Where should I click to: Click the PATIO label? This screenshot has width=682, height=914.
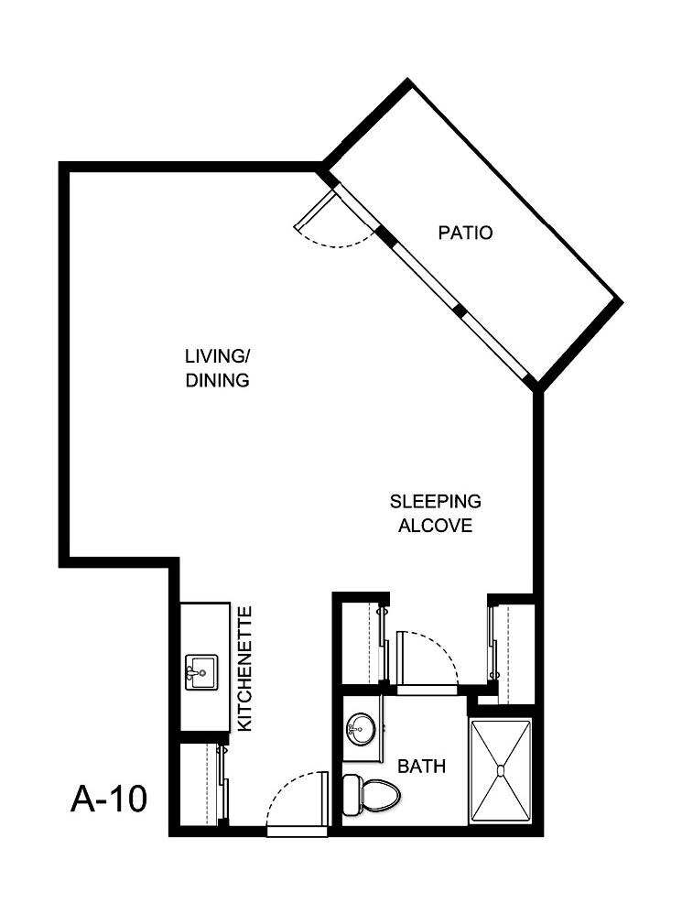[x=465, y=233]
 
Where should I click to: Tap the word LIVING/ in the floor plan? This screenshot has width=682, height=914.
[x=217, y=356]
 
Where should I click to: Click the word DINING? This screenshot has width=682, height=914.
[x=217, y=380]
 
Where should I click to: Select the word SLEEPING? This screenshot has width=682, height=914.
[x=435, y=502]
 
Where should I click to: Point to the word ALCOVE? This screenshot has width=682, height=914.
[x=435, y=526]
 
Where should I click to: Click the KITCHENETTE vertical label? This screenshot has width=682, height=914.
[x=244, y=668]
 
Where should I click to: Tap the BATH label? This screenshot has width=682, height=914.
[x=421, y=766]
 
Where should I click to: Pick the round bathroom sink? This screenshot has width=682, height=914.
[x=361, y=730]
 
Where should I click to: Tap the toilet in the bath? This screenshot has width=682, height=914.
[x=371, y=793]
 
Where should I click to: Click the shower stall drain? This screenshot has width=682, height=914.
[x=500, y=770]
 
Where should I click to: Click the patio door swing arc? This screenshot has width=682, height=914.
[x=339, y=234]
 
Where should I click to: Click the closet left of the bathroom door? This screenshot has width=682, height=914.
[x=360, y=643]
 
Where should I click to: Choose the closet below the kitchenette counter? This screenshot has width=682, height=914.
[x=201, y=784]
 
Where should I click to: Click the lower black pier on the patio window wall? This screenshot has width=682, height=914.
[x=460, y=312]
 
